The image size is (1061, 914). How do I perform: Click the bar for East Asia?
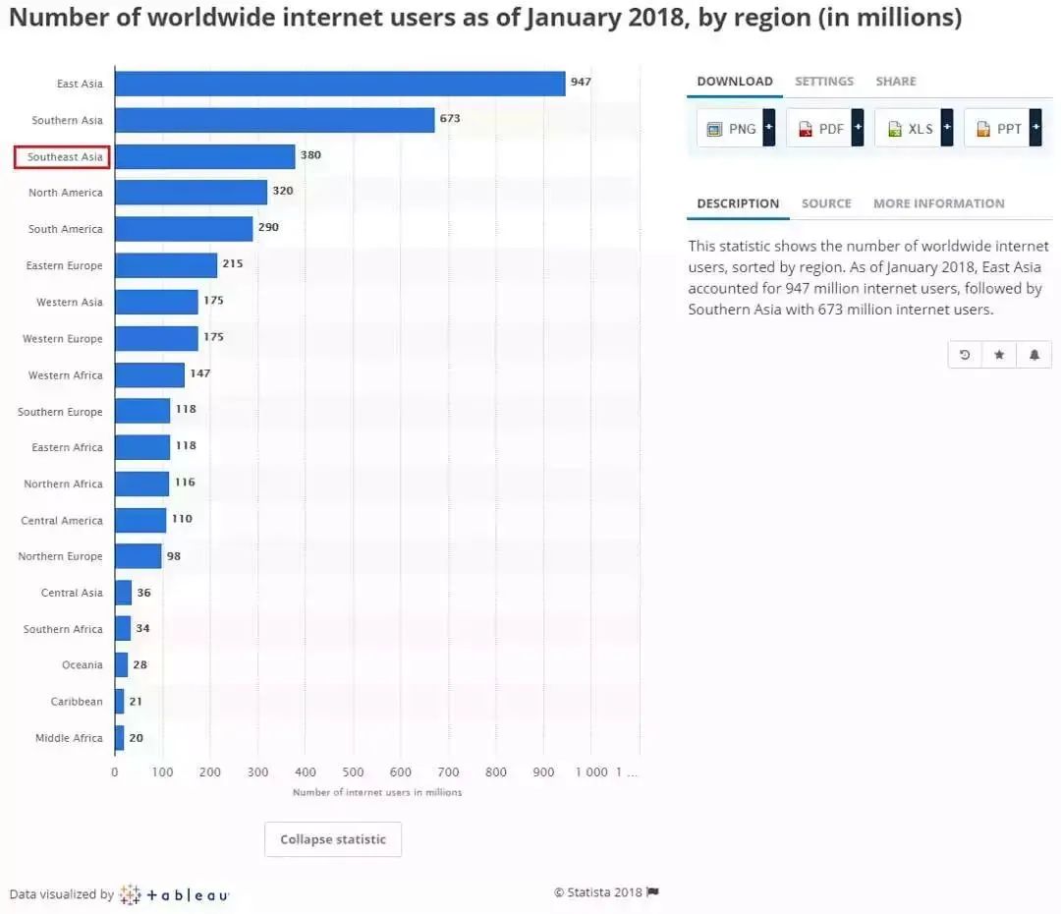coord(339,84)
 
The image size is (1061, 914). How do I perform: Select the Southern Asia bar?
coord(274,120)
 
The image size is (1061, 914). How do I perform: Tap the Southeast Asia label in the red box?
coord(62,157)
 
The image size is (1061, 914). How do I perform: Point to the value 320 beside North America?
coord(283,191)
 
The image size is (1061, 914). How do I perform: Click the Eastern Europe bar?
coord(165,265)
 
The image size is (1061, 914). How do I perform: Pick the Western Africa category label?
coord(65,375)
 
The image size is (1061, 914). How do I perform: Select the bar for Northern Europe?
coord(138,556)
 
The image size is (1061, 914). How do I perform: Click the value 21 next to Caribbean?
coord(136,701)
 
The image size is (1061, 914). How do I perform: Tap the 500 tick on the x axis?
coord(353,772)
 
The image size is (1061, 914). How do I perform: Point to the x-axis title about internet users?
coord(377,792)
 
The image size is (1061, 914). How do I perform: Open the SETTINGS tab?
coord(824,82)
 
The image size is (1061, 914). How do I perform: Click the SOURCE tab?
coord(826,203)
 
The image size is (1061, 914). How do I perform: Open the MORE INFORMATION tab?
coord(938,203)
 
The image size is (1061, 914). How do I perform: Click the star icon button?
coord(999,355)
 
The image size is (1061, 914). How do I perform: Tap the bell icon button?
coord(1034,355)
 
